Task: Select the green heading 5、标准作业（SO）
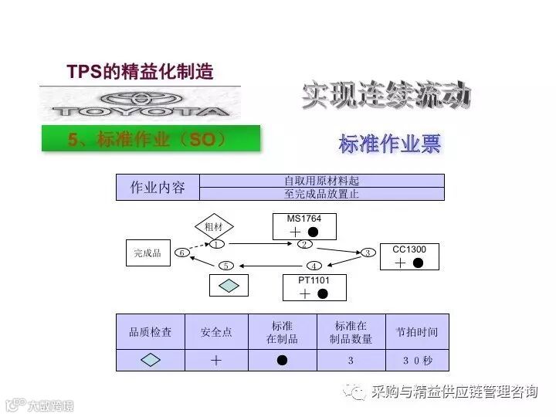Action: [150, 139]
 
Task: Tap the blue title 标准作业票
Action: [389, 144]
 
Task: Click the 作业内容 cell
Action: [158, 188]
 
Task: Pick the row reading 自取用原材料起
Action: [321, 181]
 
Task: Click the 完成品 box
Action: [147, 253]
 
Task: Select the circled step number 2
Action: [305, 245]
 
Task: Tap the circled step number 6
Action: [181, 253]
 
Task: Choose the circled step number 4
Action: [314, 266]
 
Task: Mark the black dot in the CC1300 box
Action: [418, 263]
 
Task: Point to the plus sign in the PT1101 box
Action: [304, 293]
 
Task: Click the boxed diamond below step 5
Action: [229, 285]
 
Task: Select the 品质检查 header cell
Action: [150, 332]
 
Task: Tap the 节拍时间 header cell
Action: [417, 332]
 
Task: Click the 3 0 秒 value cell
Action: [417, 360]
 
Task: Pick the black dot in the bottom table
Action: [282, 360]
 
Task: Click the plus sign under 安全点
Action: [216, 360]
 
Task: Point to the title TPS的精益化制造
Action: [140, 72]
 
